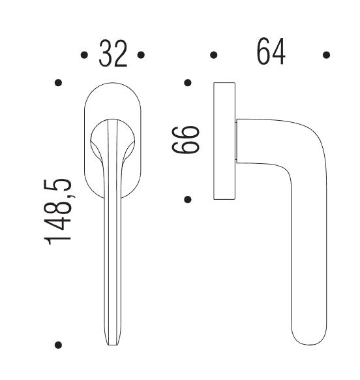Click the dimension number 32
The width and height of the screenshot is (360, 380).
pos(113,54)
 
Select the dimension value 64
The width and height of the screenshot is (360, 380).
pos(271,51)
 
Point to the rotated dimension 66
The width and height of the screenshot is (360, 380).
pos(186,140)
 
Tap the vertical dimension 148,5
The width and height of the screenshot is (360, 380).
pos(57,212)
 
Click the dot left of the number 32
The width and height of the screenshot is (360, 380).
pos(84,55)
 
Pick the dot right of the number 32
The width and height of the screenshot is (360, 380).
pos(141,55)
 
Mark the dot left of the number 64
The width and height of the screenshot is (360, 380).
pos(213,55)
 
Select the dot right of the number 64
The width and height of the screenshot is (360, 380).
pos(326,55)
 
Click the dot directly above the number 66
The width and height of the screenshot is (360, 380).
pos(188,83)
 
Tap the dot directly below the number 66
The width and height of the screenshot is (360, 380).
pos(188,199)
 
